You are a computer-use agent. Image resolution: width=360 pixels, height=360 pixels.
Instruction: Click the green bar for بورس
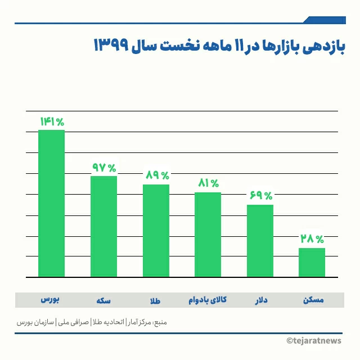pos(51,203)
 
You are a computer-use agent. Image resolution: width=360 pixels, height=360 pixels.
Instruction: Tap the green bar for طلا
pos(156,231)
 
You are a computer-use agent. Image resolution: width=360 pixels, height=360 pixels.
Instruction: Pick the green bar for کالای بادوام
pos(208,235)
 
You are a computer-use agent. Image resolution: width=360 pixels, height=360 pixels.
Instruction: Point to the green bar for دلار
pos(260,241)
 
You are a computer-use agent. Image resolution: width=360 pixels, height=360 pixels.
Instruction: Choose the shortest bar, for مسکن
pos(312,262)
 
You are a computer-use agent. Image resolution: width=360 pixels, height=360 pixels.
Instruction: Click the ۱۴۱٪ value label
pos(52,121)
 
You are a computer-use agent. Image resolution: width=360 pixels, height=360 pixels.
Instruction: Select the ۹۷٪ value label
pos(104,168)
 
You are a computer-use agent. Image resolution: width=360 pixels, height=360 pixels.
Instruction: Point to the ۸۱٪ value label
pos(208,183)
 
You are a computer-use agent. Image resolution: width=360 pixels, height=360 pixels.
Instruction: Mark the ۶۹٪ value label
pos(260,196)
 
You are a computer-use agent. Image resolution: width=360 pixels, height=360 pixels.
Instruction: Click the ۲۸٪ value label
pos(312,239)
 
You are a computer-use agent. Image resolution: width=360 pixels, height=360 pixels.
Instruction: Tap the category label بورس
pos(51,300)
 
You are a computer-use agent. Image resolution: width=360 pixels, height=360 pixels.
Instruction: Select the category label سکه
pos(103,300)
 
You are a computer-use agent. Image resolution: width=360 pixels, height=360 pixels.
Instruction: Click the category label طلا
pos(155,300)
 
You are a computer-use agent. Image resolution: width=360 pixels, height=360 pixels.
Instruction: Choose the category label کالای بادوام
pos(208,300)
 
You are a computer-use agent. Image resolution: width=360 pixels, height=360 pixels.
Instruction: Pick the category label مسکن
pos(312,300)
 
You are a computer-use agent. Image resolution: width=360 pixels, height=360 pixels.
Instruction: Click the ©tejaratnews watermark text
pos(318,341)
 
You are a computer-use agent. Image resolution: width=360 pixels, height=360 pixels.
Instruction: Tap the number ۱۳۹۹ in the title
pos(112,46)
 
